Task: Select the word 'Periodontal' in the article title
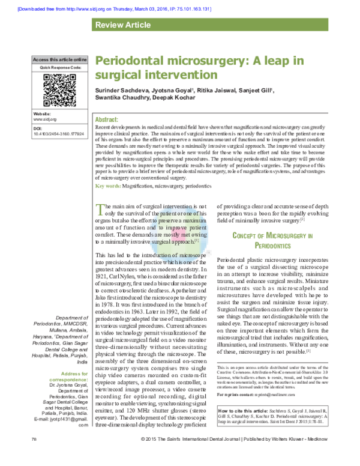click(128, 62)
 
